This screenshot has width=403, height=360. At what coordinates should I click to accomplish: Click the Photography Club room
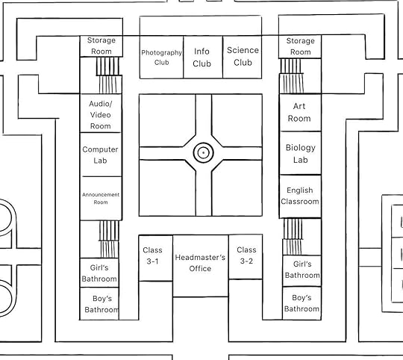161,57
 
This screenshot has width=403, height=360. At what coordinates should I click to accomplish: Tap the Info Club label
201,58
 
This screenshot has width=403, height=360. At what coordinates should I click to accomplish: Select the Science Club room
243,57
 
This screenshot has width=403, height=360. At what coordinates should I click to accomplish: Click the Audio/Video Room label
101,115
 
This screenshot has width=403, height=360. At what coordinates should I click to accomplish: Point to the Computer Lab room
101,155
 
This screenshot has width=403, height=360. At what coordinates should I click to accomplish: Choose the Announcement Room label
101,198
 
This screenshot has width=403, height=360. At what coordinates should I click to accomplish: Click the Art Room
300,113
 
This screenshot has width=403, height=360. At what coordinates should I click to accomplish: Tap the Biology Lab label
301,154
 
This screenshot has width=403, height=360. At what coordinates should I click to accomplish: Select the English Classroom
300,196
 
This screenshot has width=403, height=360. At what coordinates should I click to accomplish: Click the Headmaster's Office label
200,263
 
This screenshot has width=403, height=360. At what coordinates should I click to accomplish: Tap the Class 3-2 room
246,257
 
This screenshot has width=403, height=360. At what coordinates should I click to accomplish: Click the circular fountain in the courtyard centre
203,153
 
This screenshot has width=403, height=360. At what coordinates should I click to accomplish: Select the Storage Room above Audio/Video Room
101,46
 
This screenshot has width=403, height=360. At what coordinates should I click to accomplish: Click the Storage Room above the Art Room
300,47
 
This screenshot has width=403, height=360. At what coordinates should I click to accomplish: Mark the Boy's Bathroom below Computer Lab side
99,304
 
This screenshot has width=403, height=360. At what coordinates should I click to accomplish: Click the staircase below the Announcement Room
109,239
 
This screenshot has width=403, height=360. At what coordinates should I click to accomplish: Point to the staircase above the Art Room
292,76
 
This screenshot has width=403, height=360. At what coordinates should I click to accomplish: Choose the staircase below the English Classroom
293,237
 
